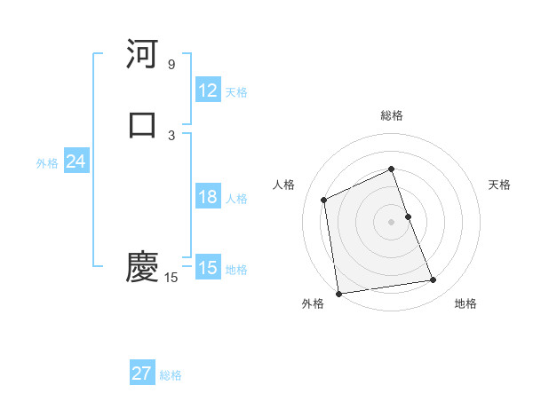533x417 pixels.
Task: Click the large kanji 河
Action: (x=142, y=55)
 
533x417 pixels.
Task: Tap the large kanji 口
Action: (x=142, y=123)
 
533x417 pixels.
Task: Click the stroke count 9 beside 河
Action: (x=171, y=65)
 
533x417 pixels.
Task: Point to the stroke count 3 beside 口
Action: (x=171, y=135)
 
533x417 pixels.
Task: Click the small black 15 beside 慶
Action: (x=171, y=278)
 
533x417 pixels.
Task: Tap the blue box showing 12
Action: (x=208, y=90)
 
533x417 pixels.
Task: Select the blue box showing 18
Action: (x=208, y=197)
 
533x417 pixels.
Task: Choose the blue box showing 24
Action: (x=76, y=161)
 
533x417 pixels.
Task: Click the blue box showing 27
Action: (x=142, y=374)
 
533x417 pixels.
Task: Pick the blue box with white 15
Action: (x=208, y=268)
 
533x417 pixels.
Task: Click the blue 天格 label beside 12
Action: (x=236, y=92)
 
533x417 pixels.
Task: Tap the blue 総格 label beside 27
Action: (x=171, y=375)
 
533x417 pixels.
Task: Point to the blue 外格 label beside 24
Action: (x=47, y=163)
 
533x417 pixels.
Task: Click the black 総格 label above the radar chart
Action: (x=392, y=115)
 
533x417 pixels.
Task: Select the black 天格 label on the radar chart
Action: (x=500, y=185)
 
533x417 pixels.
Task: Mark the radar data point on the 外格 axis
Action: (x=338, y=293)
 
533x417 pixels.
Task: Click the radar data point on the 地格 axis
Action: (x=434, y=280)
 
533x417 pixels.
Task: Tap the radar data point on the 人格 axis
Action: (x=324, y=200)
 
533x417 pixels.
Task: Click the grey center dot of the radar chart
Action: (x=392, y=221)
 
